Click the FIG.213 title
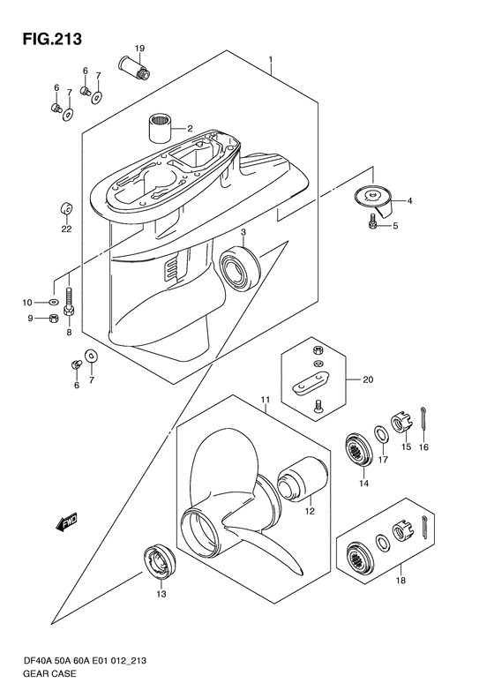[53, 40]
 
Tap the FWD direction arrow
[66, 522]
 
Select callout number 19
[139, 48]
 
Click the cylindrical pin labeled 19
[133, 67]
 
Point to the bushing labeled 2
[160, 128]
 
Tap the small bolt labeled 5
[371, 221]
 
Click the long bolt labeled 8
[69, 303]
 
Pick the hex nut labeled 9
[53, 319]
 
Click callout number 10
[27, 303]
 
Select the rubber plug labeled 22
[67, 208]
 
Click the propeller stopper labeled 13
[160, 561]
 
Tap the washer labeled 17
[380, 433]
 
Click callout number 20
[368, 379]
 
